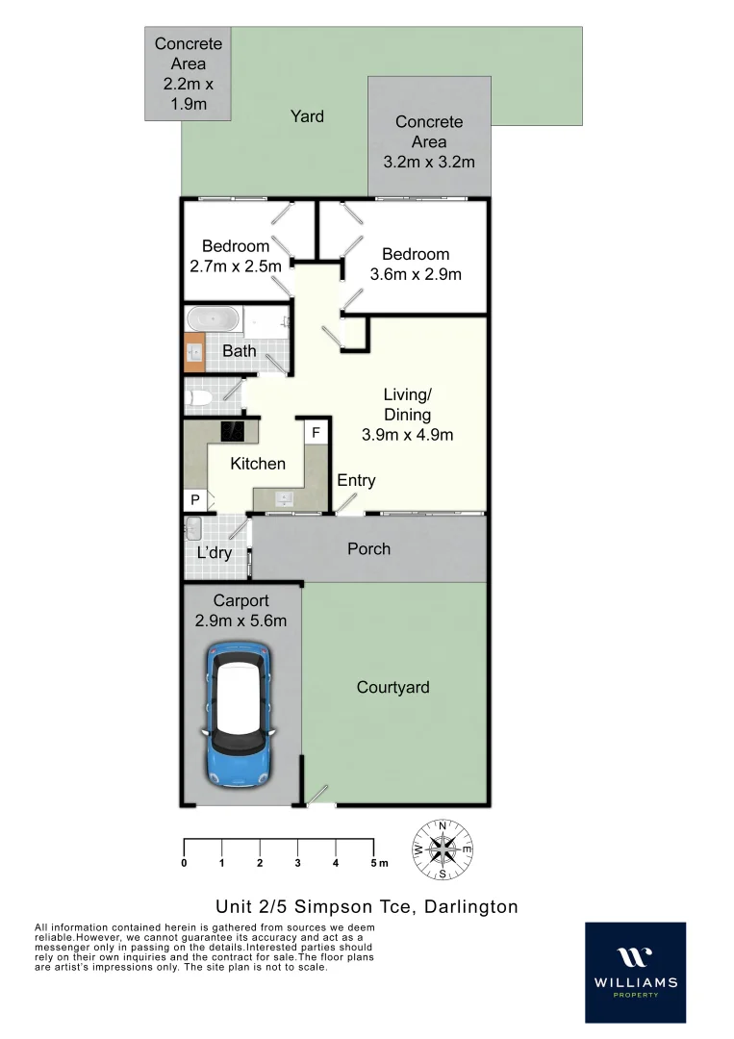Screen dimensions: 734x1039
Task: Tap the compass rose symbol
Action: [443, 849]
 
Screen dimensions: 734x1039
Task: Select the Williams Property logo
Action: [635, 972]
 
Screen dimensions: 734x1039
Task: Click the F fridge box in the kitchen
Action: [315, 433]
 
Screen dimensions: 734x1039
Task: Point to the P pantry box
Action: [194, 500]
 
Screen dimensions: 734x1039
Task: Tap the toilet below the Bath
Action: [201, 395]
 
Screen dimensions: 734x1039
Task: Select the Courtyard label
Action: [392, 687]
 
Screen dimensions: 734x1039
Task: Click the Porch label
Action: [368, 548]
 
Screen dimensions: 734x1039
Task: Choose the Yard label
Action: [307, 116]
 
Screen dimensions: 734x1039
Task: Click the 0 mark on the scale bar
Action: [184, 863]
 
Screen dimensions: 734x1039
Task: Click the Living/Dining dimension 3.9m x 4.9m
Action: [407, 434]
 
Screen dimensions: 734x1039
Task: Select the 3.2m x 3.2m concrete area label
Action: [429, 162]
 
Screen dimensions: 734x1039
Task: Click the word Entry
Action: [356, 480]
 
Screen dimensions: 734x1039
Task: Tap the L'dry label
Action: [214, 553]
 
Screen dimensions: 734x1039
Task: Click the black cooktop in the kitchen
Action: [232, 432]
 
